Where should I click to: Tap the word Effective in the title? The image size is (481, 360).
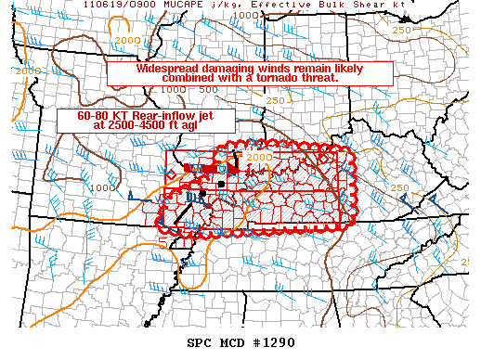[297, 5]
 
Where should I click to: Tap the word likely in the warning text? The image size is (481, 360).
[361, 70]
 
